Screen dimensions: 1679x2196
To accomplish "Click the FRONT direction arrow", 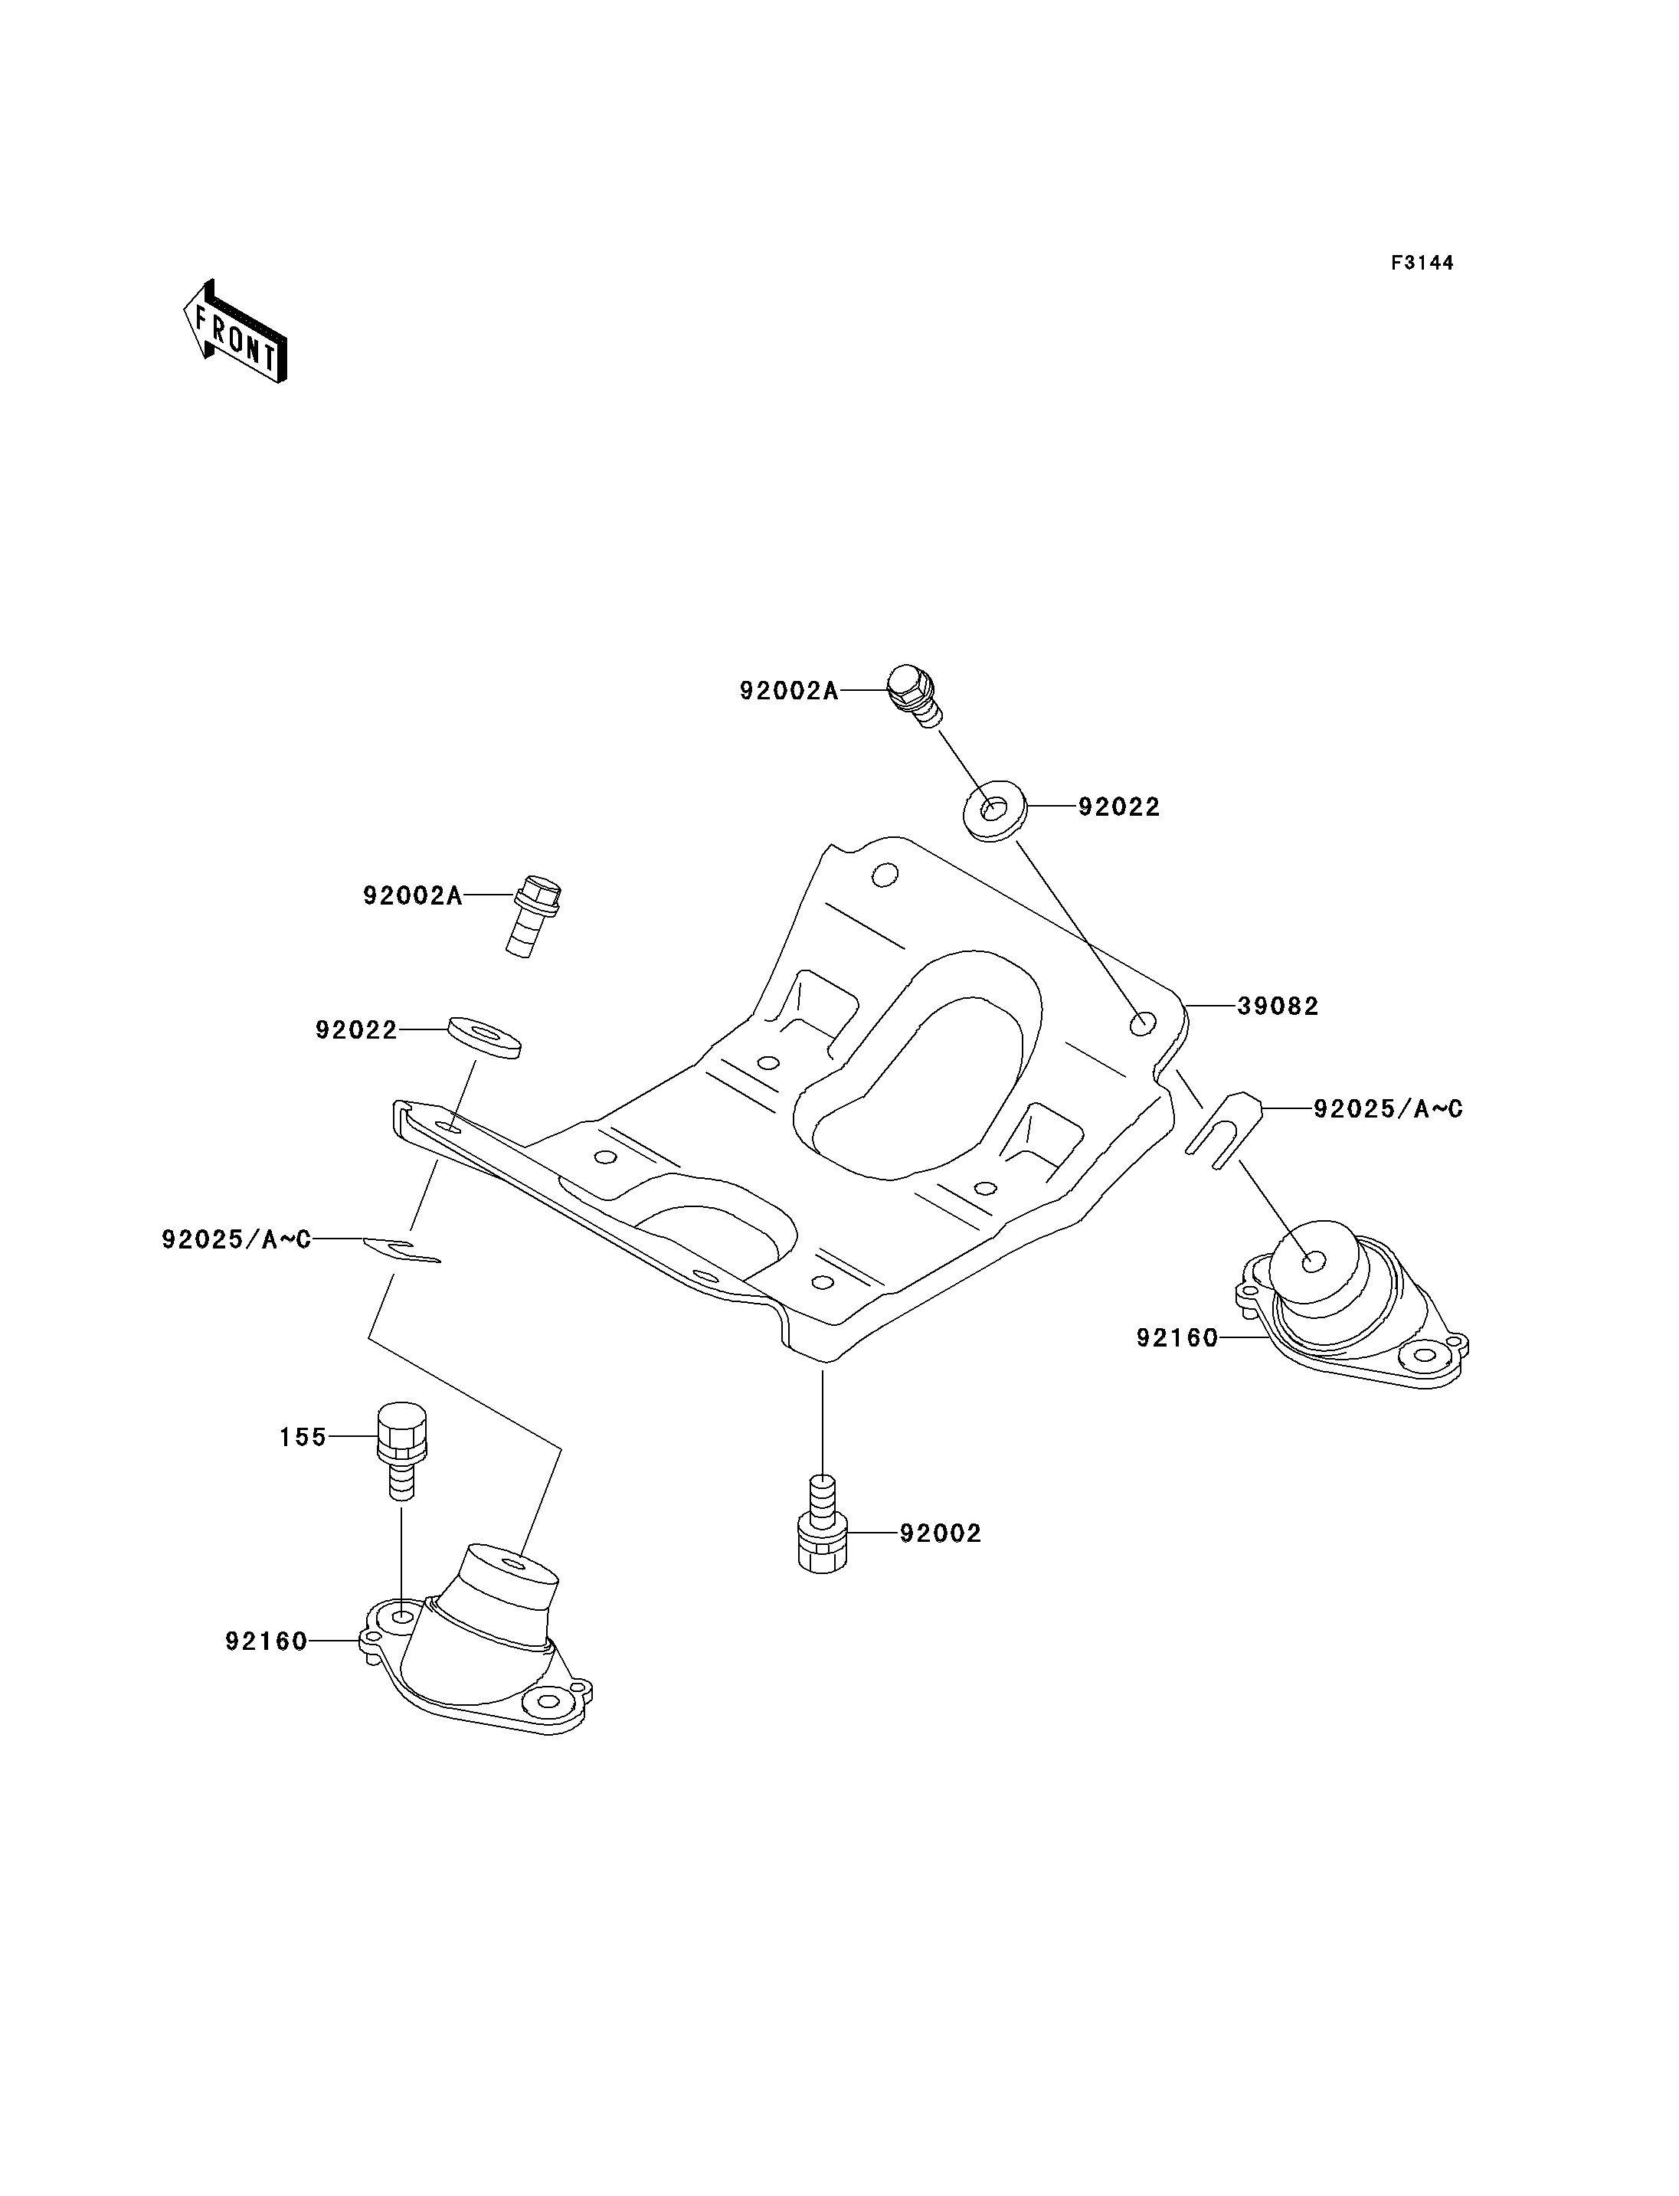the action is (236, 332).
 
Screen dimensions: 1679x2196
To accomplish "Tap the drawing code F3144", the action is (1422, 263).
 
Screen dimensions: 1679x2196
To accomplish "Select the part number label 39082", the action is (1278, 1006).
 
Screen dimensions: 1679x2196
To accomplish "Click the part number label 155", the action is (303, 1436).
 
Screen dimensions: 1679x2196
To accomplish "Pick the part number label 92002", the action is (941, 1533).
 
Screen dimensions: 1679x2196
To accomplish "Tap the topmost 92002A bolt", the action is (914, 694).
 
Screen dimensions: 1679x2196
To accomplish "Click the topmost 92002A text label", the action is (788, 691).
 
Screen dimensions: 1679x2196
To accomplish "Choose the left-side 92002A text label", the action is (412, 895).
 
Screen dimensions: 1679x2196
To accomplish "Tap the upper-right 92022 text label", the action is (1119, 807).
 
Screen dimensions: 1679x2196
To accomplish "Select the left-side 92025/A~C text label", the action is (237, 1239).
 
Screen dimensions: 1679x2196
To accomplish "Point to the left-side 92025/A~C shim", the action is (402, 1249).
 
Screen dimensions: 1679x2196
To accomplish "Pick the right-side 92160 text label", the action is (1177, 1337).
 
